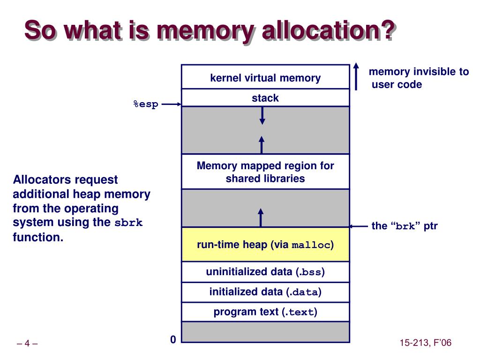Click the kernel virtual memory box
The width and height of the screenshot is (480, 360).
point(265,77)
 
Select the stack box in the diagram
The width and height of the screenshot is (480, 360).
point(265,98)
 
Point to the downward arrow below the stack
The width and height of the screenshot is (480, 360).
point(262,115)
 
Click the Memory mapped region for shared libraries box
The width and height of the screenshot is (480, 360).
point(265,172)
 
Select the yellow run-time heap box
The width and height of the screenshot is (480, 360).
point(265,245)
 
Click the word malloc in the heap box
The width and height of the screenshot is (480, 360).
point(311,245)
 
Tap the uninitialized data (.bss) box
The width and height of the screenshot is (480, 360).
point(265,272)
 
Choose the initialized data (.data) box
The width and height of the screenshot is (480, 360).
point(265,292)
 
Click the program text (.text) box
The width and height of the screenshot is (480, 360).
point(265,312)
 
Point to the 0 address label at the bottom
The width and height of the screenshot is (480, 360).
point(173,339)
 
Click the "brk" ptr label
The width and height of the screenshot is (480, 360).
point(404,226)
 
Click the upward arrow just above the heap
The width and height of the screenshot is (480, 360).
point(261,217)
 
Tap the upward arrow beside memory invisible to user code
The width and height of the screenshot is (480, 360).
point(356,76)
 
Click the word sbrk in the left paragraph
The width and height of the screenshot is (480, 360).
point(128,223)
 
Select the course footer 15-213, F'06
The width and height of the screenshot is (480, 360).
point(425,343)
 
